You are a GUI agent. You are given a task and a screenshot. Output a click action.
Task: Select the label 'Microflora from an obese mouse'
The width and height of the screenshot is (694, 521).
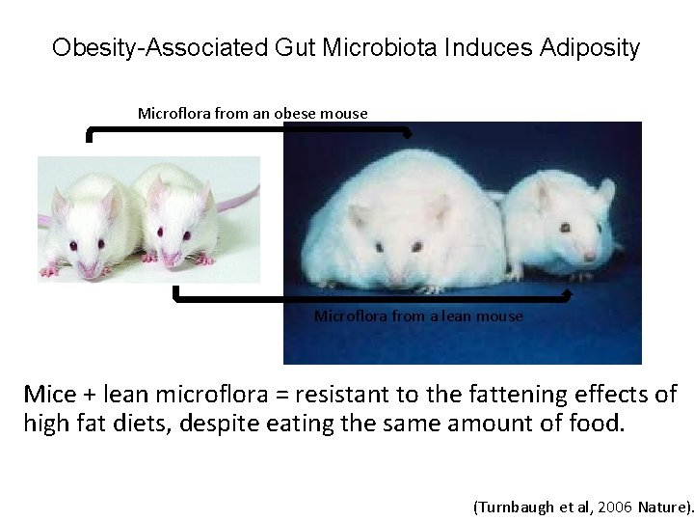click(x=253, y=113)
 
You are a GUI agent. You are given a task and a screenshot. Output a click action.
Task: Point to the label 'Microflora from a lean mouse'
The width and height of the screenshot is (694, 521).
click(x=418, y=315)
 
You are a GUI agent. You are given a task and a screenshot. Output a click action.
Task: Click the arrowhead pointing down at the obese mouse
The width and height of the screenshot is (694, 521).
click(x=408, y=132)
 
